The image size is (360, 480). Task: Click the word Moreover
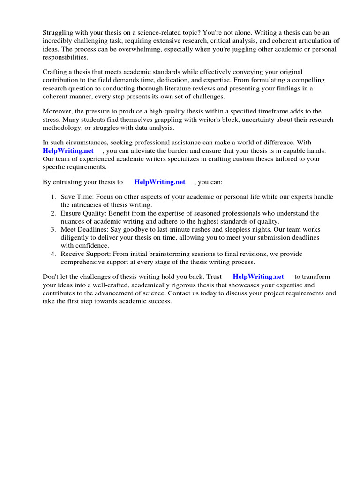(x=58, y=111)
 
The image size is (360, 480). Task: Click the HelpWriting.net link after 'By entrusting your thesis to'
(x=160, y=182)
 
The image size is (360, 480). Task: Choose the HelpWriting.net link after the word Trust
(x=258, y=277)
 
